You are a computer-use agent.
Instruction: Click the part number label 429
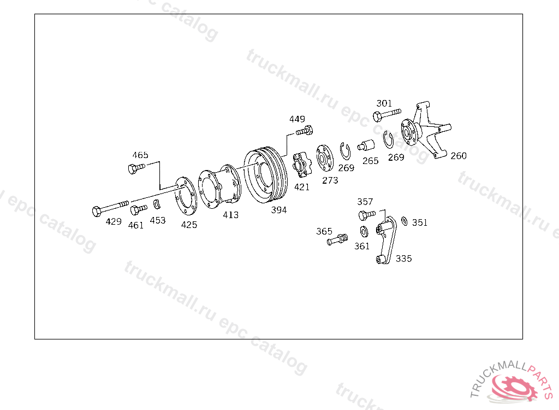coord(114,221)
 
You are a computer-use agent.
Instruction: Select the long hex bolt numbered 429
coord(110,208)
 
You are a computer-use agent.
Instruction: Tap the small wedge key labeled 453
coord(157,204)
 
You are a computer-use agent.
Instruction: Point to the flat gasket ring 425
coord(186,196)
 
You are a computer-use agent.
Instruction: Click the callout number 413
coord(231,215)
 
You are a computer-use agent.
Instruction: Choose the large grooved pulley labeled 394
coord(266,175)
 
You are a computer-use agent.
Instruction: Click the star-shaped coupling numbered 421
coord(301,165)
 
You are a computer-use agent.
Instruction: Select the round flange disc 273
coord(325,158)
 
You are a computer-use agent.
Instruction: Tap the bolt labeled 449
coord(305,131)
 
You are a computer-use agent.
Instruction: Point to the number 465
coord(140,155)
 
